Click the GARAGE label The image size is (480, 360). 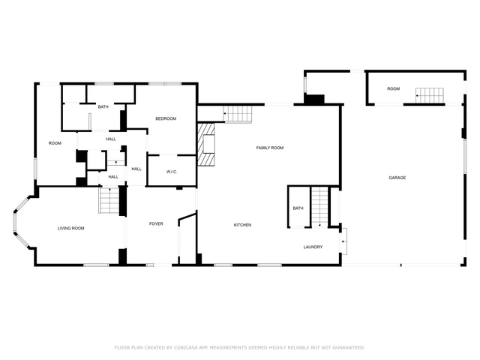click(397, 178)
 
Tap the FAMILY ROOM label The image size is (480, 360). click(270, 148)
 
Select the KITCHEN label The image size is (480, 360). click(242, 225)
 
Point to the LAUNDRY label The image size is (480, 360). click(313, 247)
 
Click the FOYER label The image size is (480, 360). click(156, 223)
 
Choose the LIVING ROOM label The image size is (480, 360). click(71, 228)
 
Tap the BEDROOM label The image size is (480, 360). click(166, 118)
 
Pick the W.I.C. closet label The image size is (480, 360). click(172, 172)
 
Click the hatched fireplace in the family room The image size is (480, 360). click(206, 145)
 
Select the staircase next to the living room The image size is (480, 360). click(109, 200)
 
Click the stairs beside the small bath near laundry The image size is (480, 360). click(320, 207)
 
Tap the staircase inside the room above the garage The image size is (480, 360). click(430, 95)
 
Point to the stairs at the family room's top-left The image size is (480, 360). click(237, 114)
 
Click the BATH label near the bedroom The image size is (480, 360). click(103, 106)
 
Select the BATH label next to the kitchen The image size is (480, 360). click(298, 208)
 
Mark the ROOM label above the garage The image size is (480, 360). click(393, 88)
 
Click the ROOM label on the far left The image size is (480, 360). click(55, 143)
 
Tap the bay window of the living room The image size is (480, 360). click(22, 222)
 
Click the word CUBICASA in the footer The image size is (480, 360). click(186, 348)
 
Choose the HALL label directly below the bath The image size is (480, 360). click(111, 139)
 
